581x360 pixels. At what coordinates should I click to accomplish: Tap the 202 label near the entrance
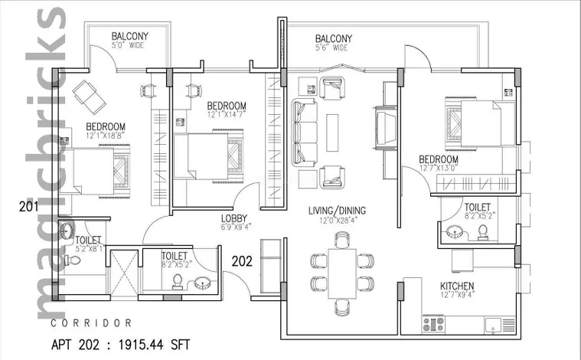click(x=243, y=259)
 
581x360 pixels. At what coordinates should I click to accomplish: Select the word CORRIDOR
click(x=96, y=322)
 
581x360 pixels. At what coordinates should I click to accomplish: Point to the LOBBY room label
click(x=235, y=217)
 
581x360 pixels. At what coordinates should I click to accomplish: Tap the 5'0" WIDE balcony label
click(x=130, y=47)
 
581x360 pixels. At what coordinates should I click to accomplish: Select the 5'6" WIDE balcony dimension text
click(x=331, y=48)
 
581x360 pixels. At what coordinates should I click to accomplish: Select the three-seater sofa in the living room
click(x=305, y=127)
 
